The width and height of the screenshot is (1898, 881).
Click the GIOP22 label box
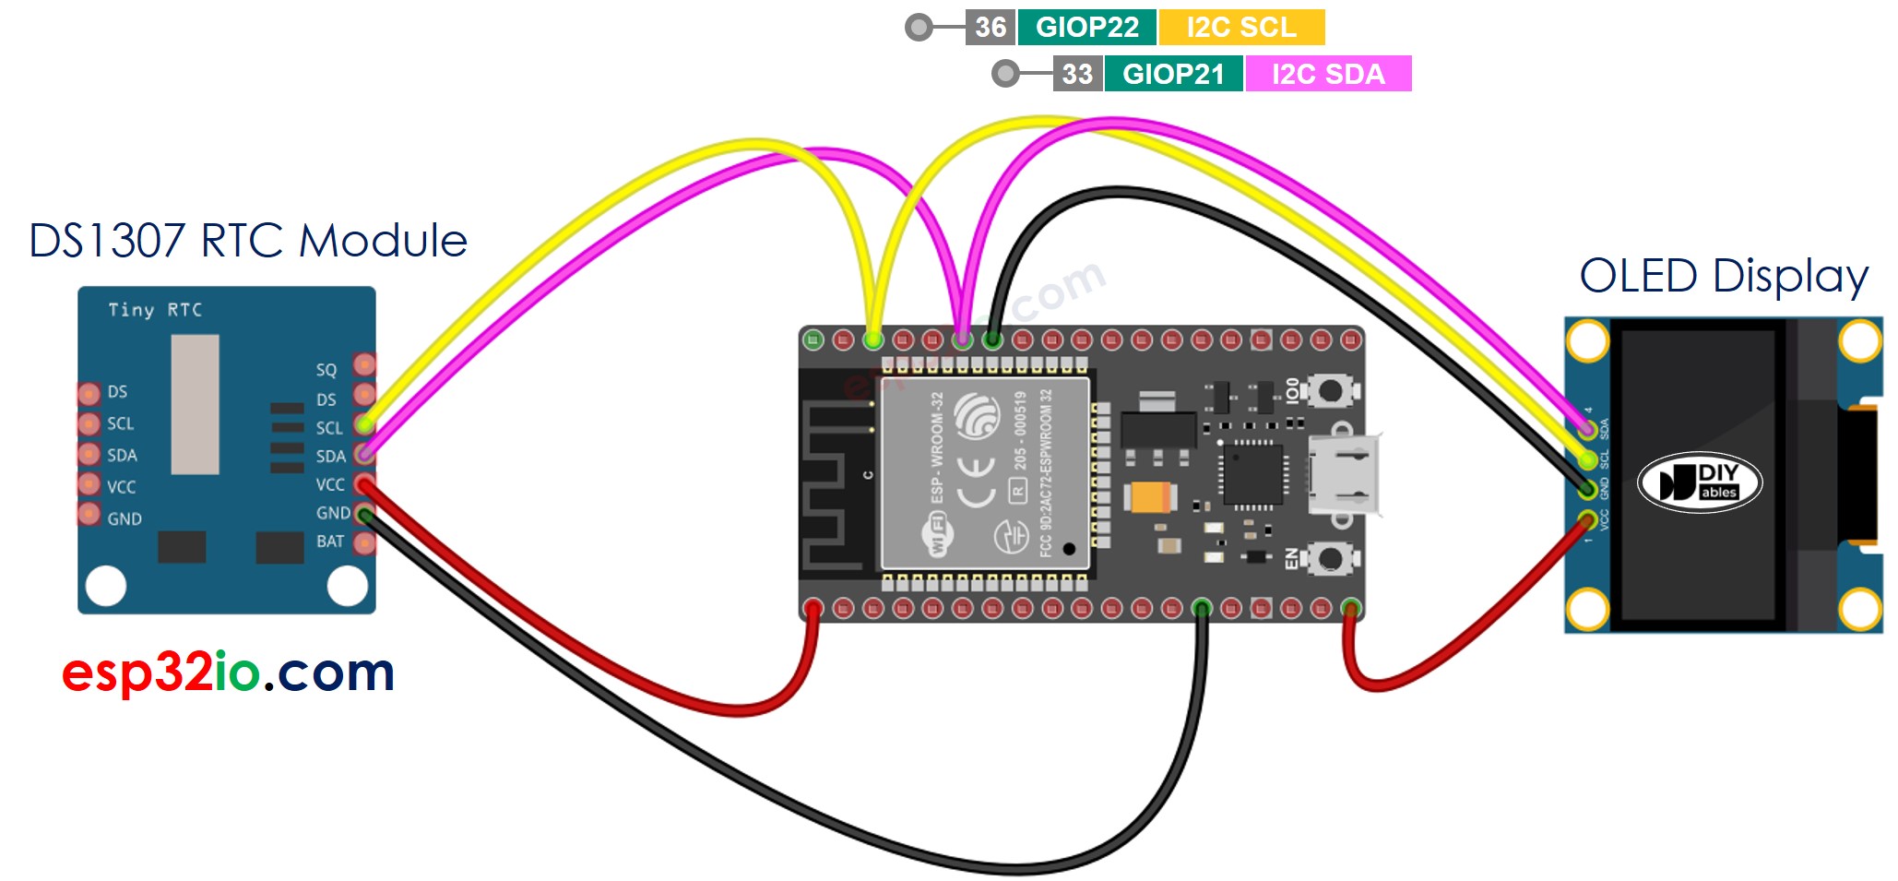1086,27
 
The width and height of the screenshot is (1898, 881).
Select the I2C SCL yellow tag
1240,27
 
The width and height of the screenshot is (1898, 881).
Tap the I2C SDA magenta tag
1327,74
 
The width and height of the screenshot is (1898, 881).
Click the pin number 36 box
990,27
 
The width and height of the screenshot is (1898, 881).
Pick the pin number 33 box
1076,74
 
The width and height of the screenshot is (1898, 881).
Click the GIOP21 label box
1173,74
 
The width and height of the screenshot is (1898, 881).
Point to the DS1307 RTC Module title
248,241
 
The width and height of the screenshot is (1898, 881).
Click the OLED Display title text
1723,276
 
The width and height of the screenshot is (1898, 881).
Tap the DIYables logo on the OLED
1699,482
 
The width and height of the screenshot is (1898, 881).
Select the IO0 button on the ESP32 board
1329,390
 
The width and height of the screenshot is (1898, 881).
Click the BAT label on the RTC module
329,542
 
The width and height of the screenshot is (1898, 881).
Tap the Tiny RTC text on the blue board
155,310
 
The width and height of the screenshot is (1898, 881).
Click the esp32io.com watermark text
228,672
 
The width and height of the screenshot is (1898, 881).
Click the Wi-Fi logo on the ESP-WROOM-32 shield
938,535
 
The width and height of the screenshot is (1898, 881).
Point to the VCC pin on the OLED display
1586,518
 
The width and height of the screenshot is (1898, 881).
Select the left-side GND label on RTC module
124,518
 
